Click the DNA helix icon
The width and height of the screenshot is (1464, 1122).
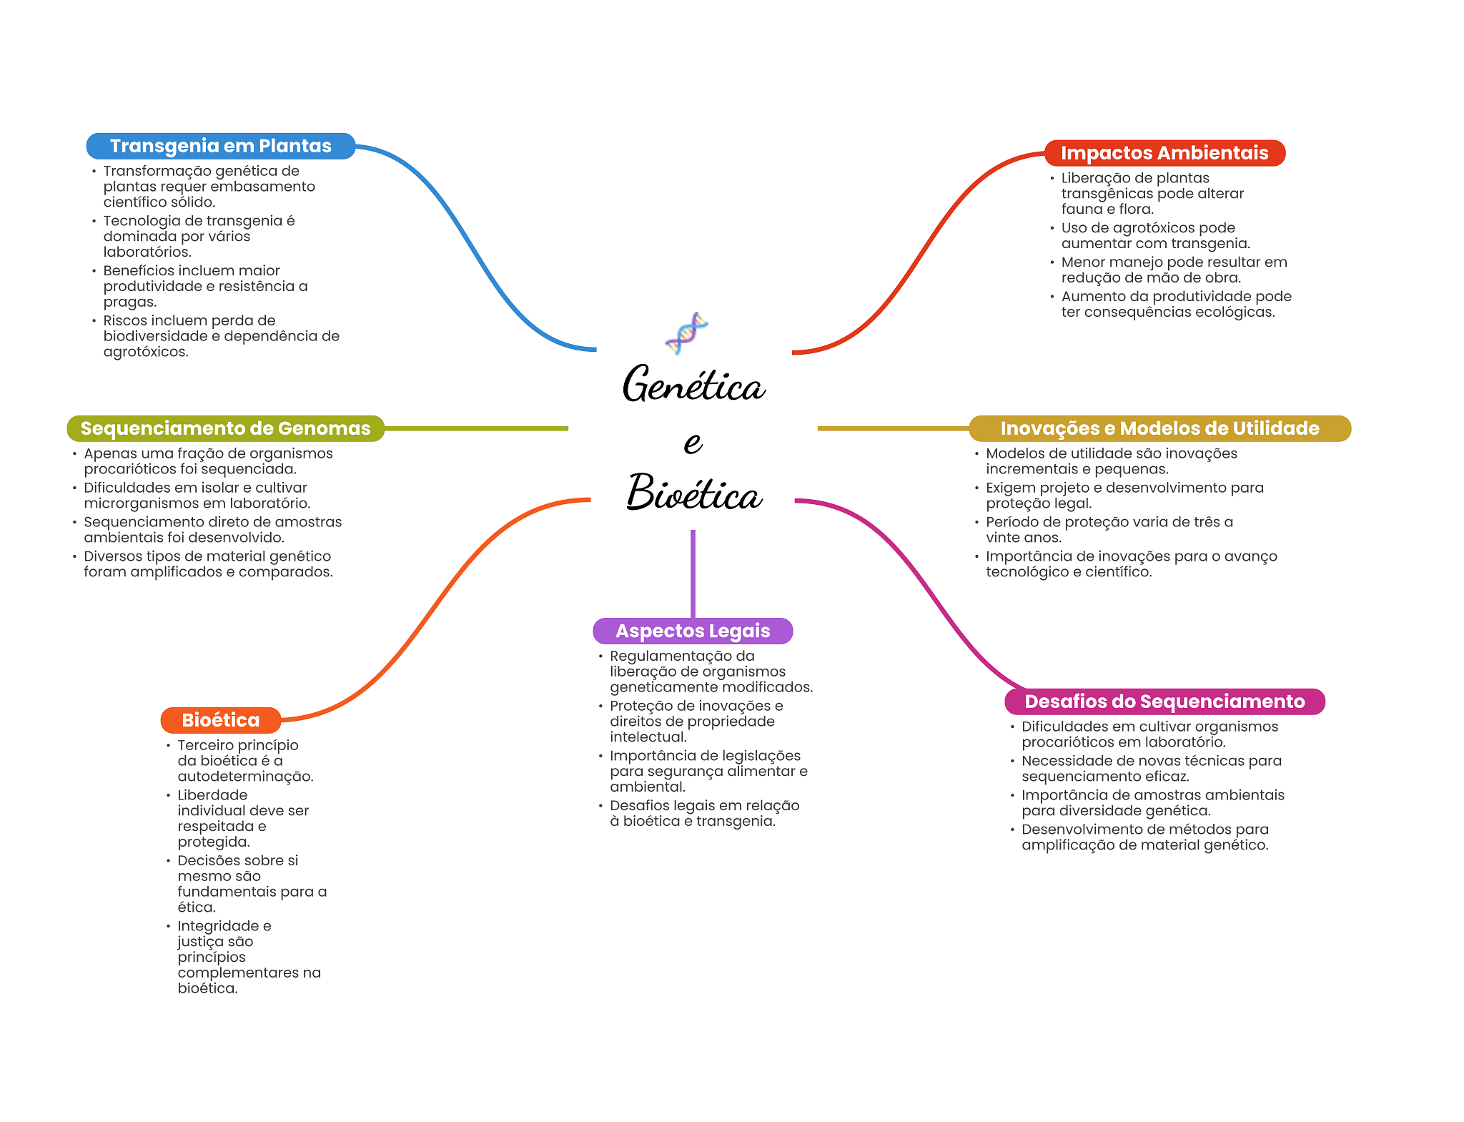[x=686, y=333]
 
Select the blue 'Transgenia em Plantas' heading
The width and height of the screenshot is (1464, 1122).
[x=220, y=146]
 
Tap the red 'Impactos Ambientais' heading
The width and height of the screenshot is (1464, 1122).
[x=1164, y=153]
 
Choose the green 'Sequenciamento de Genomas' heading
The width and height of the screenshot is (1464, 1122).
[x=225, y=428]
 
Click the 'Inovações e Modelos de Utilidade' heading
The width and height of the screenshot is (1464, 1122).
[x=1159, y=428]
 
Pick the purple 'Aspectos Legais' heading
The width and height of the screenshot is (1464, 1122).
[x=692, y=631]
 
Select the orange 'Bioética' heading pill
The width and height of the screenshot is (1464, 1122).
[x=220, y=720]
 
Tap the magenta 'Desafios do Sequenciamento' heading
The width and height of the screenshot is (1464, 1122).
[x=1164, y=702]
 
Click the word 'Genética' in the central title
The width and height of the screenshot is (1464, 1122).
[x=693, y=385]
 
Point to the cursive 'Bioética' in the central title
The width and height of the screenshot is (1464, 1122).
[x=693, y=493]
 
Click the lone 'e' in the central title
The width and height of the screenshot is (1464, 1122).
[x=692, y=442]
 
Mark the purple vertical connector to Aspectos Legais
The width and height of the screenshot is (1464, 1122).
[x=693, y=572]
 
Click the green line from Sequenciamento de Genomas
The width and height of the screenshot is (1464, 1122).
[x=475, y=428]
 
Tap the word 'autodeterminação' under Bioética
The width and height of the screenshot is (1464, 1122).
[x=245, y=777]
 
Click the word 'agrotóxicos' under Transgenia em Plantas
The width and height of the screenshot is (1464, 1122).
[x=145, y=352]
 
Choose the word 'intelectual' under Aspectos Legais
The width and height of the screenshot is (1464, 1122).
[x=647, y=737]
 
